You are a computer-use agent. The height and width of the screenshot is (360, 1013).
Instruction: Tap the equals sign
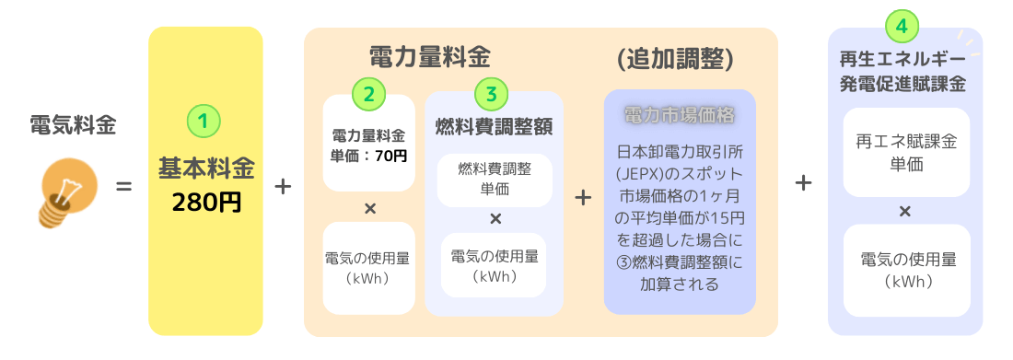click(x=123, y=186)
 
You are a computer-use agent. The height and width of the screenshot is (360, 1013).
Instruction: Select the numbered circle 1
click(x=204, y=121)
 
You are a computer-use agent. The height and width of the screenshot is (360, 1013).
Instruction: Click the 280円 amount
click(x=206, y=202)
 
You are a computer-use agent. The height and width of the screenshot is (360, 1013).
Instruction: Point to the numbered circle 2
click(x=368, y=93)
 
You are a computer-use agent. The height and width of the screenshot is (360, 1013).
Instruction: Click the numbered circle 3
click(x=492, y=93)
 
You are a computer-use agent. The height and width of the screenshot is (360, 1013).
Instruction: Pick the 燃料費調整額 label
click(x=494, y=126)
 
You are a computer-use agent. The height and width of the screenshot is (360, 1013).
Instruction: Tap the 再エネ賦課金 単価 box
click(x=904, y=152)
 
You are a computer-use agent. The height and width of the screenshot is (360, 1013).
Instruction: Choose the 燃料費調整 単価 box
click(x=495, y=180)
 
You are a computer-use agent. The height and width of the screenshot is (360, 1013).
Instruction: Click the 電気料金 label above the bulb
click(x=73, y=125)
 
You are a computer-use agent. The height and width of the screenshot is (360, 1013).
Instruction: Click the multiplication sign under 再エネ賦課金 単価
click(x=904, y=211)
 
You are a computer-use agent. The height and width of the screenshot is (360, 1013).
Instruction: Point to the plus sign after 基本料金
click(x=283, y=186)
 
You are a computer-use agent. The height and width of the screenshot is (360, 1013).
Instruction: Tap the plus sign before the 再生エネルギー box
click(x=803, y=183)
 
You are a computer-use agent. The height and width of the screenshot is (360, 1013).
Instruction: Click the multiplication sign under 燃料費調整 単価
click(x=495, y=218)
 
